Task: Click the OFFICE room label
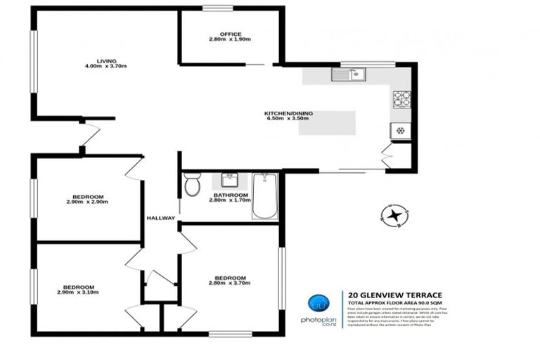230,34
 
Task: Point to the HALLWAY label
160,218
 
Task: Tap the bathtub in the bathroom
265,195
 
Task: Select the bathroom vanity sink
230,180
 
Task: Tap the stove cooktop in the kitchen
401,99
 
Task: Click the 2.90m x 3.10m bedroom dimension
79,292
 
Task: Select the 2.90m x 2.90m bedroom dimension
87,202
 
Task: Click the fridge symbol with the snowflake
400,131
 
